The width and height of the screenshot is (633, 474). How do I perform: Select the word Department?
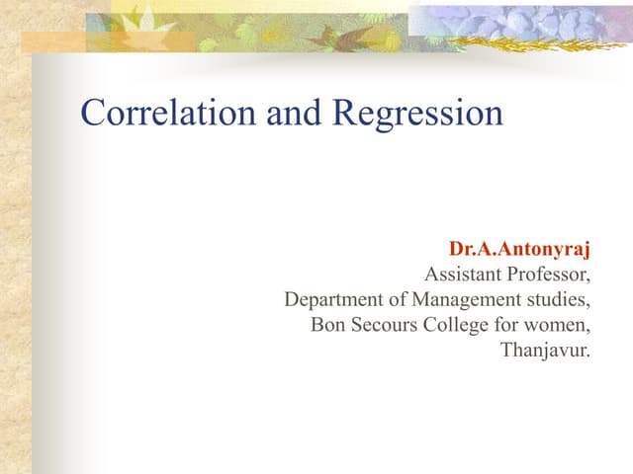coord(329,299)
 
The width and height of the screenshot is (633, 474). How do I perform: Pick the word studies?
coord(563,299)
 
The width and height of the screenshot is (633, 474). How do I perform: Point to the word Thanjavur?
coord(545,350)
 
